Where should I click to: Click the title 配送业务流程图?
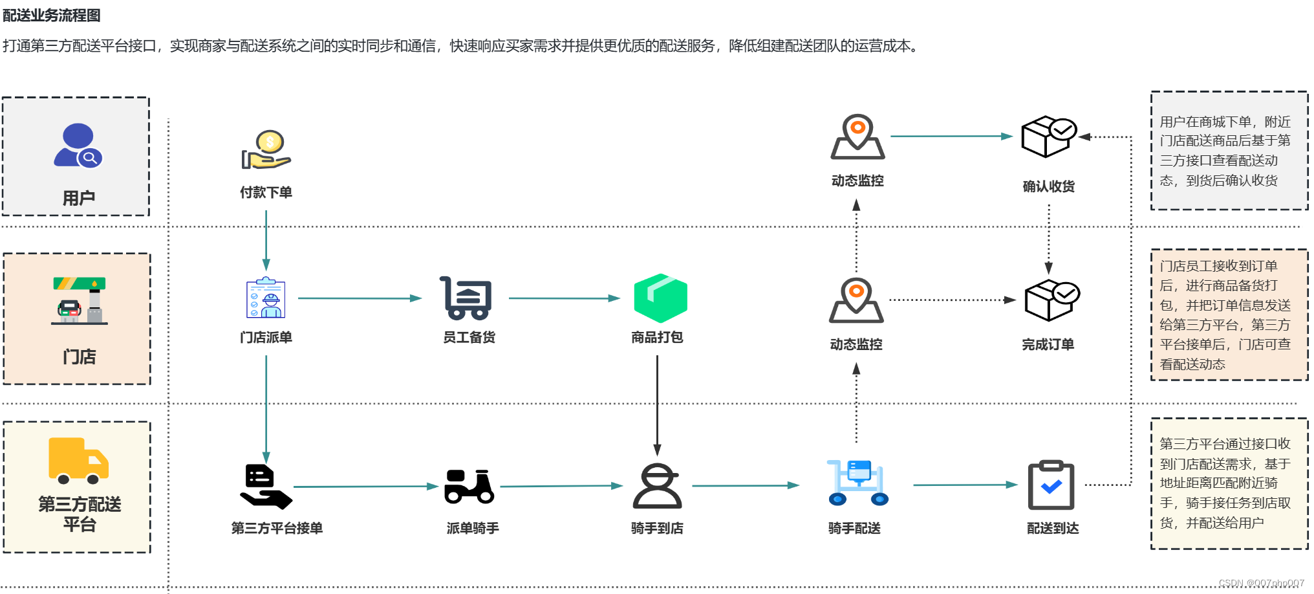point(52,15)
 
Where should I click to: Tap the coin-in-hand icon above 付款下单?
point(266,150)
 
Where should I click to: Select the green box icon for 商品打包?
point(660,298)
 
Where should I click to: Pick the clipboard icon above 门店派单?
point(266,298)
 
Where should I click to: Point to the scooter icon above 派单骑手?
point(469,486)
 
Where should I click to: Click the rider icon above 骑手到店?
point(657,486)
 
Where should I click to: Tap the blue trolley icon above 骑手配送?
point(858,483)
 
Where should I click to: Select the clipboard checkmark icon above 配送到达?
point(1051,485)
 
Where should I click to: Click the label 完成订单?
point(1048,345)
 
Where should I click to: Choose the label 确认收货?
point(1048,186)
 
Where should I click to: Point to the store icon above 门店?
point(80,301)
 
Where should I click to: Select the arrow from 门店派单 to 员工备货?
point(360,298)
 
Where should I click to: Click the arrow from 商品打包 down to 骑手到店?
point(657,405)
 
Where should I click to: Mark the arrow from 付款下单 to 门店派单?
point(266,240)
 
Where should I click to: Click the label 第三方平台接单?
point(277,528)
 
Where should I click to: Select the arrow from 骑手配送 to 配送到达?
point(965,485)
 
